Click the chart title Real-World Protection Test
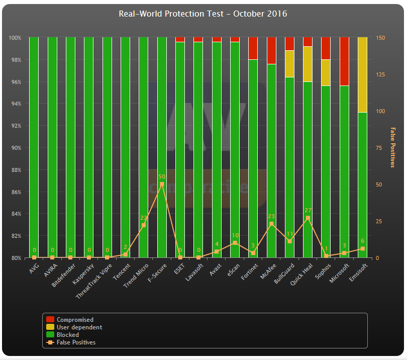202,14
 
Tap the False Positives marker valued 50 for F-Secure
162,184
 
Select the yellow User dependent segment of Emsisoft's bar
362,74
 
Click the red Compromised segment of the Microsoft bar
344,61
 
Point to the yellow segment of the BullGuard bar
289,64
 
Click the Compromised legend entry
75,320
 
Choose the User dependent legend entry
79,327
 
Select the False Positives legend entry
76,342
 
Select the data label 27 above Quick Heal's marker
308,211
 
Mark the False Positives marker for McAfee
271,224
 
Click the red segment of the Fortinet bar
253,48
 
